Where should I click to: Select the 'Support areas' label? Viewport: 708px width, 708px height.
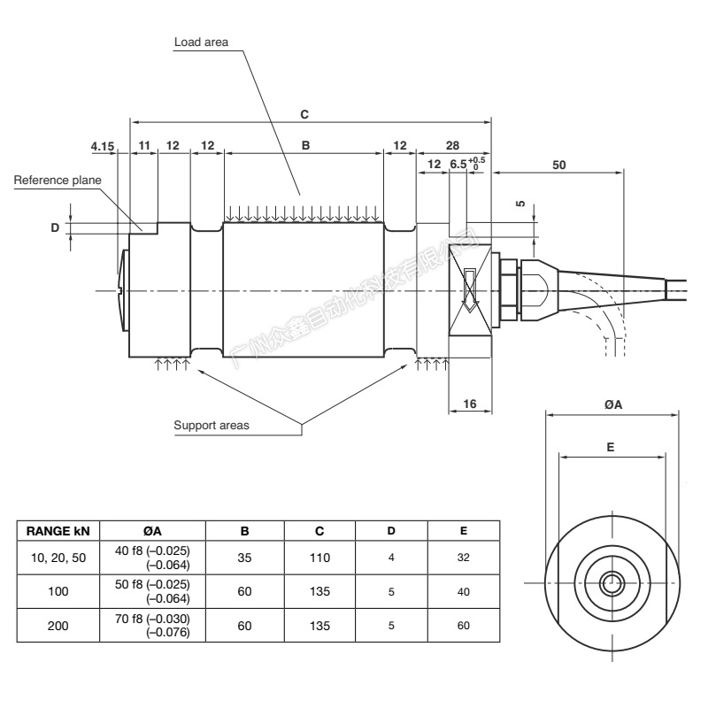[212, 425]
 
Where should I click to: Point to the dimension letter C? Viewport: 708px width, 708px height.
[304, 114]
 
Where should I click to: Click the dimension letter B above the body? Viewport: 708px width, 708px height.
[305, 144]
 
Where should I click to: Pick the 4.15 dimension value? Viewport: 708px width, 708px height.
[103, 144]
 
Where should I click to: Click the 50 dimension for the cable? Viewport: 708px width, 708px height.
[558, 164]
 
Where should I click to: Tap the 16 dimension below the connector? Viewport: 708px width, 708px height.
[470, 403]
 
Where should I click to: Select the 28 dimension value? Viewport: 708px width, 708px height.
[452, 144]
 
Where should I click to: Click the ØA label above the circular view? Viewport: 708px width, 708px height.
[612, 404]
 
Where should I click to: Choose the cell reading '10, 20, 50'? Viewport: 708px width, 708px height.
[58, 558]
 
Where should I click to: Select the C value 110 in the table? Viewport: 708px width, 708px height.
[319, 558]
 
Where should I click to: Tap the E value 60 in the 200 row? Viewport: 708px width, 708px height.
[464, 626]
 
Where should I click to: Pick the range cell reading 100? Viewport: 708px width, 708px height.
[58, 591]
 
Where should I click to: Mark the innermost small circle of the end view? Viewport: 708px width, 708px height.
[611, 582]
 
